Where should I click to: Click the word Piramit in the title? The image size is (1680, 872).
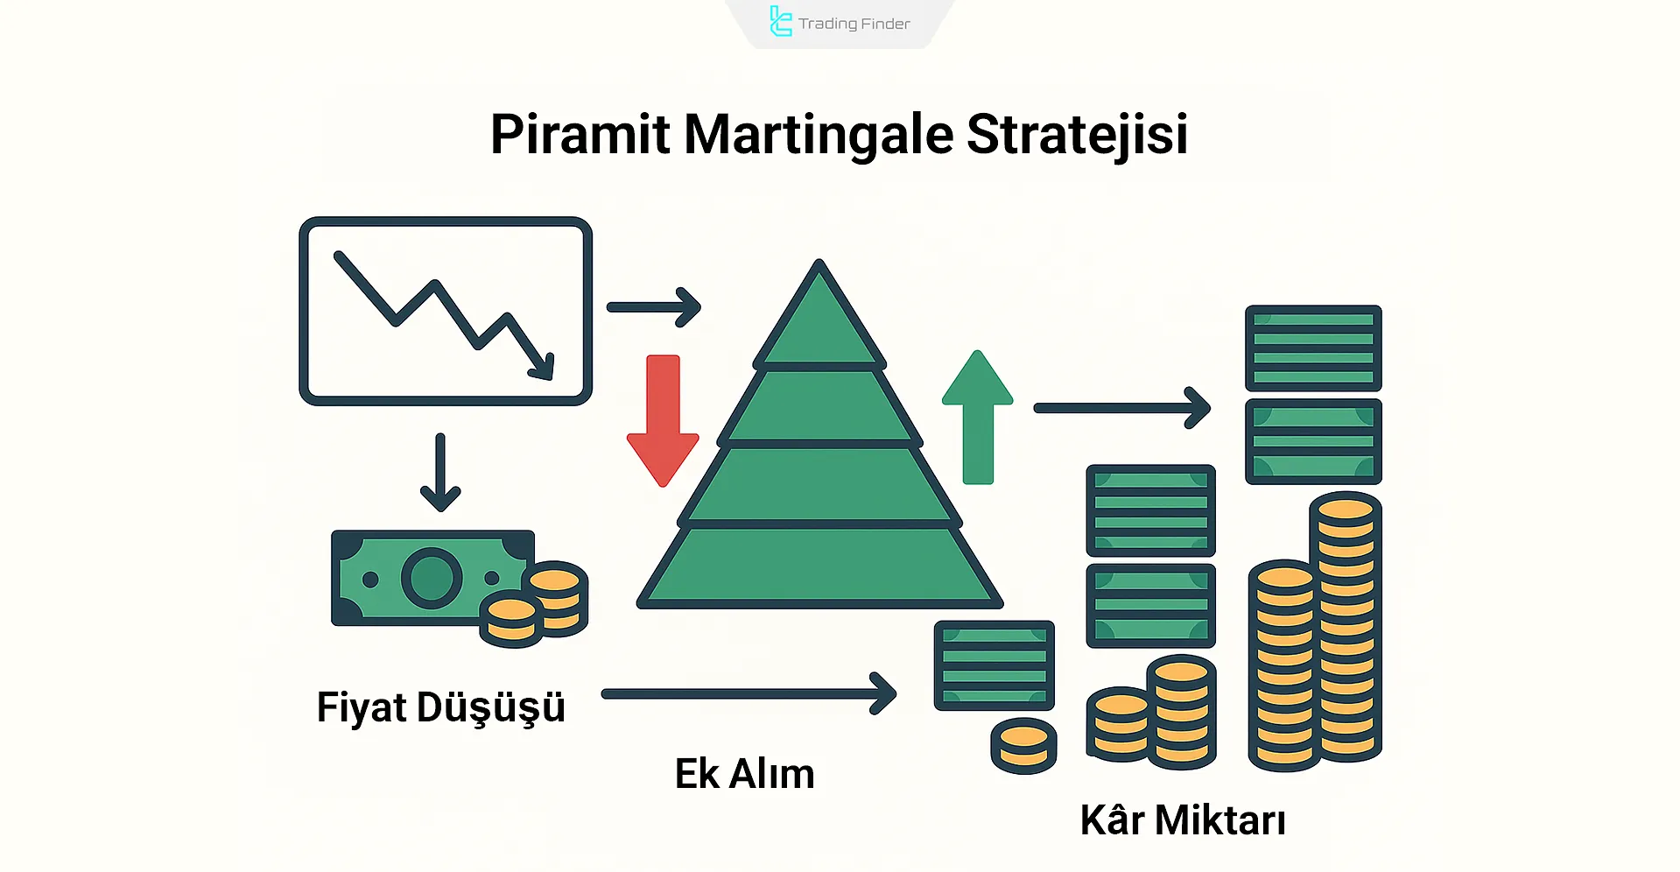coord(579,135)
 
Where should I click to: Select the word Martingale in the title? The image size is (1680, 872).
coord(818,135)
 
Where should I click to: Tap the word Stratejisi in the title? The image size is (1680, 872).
coord(1076,135)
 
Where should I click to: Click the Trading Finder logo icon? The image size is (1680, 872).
coord(779,22)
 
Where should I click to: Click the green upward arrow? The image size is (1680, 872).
coord(978,416)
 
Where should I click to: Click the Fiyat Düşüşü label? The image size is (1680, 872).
coord(440,707)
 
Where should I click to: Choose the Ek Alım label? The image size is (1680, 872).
coord(744,774)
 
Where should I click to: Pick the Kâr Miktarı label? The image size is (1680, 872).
coord(1183,820)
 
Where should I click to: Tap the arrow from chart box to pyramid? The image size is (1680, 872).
coord(654,307)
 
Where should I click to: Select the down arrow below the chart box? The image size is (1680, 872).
coord(440,473)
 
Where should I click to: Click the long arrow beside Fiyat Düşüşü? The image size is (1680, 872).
coord(749,694)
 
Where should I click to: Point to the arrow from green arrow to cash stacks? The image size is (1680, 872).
coord(1121,408)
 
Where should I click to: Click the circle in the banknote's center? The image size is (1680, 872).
coord(432,578)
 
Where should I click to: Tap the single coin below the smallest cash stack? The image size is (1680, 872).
coord(1023,746)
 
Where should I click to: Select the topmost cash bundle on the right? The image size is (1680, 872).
coord(1313,348)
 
